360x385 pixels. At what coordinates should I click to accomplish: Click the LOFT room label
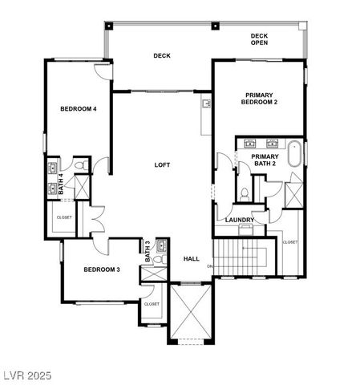162,165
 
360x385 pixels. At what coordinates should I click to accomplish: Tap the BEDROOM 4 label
79,108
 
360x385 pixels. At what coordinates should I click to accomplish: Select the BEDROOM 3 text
102,269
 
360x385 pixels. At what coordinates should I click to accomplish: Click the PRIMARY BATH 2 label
265,160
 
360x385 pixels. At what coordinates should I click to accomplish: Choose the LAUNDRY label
240,220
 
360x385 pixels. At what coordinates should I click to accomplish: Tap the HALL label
191,259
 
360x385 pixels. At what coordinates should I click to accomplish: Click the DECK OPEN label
259,39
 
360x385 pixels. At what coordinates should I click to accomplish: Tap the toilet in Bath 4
79,166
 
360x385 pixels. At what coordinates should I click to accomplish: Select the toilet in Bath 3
160,259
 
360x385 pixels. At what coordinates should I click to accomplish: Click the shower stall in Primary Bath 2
293,195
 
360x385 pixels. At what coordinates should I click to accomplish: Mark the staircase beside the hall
244,257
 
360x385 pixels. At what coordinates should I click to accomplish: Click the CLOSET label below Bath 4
63,217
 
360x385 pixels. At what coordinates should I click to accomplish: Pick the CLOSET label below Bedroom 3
151,304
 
